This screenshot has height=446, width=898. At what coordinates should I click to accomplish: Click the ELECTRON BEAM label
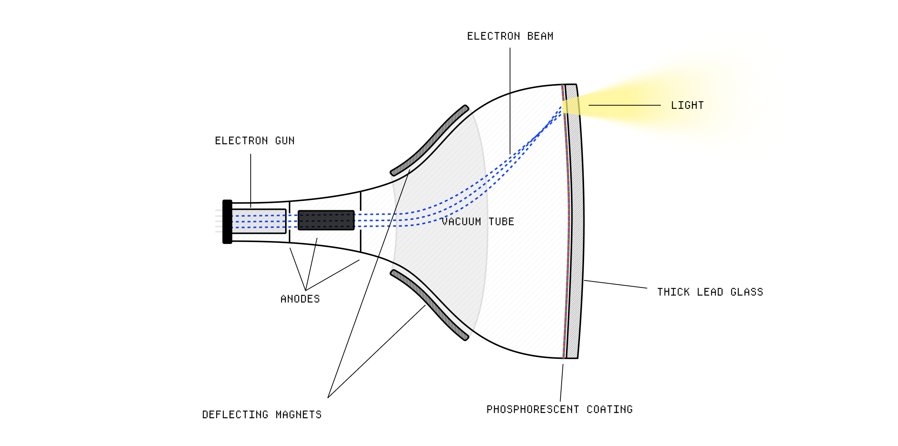tap(510, 36)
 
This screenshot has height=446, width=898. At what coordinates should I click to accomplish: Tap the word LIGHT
tap(687, 106)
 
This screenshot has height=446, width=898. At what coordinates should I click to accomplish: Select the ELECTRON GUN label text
tap(254, 141)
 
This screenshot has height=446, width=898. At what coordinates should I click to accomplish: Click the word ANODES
tap(300, 299)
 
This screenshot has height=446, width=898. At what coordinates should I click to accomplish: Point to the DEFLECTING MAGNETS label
tap(262, 415)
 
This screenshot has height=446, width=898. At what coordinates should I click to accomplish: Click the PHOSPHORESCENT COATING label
tap(559, 409)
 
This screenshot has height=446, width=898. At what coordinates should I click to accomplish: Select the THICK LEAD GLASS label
tap(710, 292)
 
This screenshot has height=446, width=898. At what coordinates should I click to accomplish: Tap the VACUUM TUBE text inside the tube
tap(478, 222)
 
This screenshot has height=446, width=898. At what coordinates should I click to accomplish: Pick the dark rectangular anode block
tap(326, 220)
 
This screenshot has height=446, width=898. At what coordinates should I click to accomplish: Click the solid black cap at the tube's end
tap(227, 222)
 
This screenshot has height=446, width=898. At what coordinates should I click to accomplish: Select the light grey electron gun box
tap(259, 221)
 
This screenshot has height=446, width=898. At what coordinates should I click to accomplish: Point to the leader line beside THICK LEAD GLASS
tap(616, 284)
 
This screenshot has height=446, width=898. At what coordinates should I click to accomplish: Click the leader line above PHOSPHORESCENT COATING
tap(562, 382)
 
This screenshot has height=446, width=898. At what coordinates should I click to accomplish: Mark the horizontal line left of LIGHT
tap(624, 105)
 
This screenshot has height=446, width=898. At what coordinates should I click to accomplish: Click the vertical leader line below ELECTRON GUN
tap(251, 180)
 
